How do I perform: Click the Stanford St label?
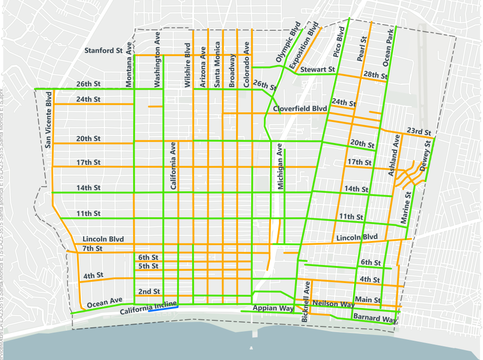tap(103, 50)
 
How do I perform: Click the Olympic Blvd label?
tap(288, 42)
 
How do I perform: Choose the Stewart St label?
tap(317, 69)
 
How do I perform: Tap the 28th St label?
tap(375, 76)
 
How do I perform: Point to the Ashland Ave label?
tap(394, 155)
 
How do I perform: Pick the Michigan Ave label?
tap(280, 167)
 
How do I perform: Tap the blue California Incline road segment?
tap(163, 309)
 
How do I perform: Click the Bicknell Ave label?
tap(305, 302)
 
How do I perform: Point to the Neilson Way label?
tap(333, 303)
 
